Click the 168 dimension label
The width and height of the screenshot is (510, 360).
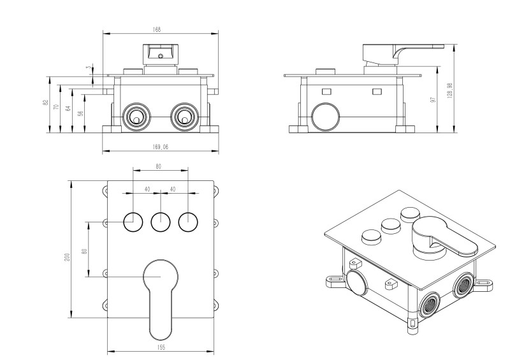[x=157, y=29]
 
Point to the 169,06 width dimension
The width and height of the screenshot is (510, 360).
[x=161, y=147]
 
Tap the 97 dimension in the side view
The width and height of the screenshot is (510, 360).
[x=433, y=101]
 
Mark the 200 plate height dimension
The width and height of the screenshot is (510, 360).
[x=66, y=256]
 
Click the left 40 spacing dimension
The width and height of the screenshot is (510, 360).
[x=147, y=189]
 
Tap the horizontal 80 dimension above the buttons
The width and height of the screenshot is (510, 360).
[x=159, y=166]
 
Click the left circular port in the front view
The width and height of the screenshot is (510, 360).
[x=135, y=117]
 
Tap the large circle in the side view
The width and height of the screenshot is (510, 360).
[x=325, y=117]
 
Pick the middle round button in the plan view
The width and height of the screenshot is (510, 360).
[x=161, y=222]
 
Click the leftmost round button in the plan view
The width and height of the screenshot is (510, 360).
[x=133, y=222]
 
